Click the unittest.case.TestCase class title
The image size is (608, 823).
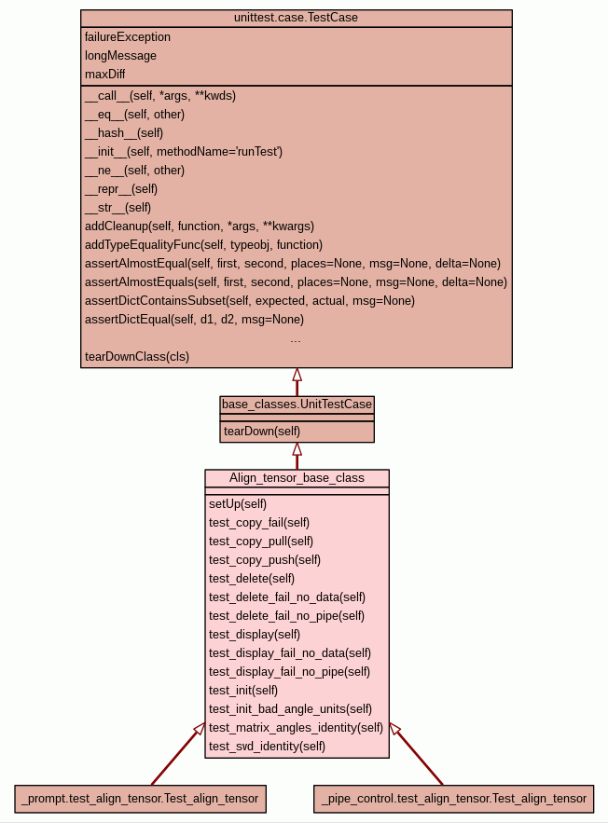coord(296,18)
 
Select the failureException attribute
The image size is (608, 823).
coord(128,37)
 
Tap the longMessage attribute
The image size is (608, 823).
coord(120,56)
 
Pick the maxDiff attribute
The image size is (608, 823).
coord(104,75)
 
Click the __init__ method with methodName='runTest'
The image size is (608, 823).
coord(183,152)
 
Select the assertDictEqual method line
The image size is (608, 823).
coord(194,320)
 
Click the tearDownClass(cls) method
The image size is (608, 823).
coord(136,357)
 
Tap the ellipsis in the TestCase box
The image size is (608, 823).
coord(296,339)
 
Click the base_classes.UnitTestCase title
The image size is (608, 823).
coord(297,405)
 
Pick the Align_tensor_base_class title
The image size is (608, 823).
coord(297,478)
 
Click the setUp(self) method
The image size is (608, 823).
coord(238,504)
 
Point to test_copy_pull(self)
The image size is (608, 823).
coord(261,542)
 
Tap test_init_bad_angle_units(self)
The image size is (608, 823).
coord(290,709)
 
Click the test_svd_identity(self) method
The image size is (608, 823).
coord(267,747)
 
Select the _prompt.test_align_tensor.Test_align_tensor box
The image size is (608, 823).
coord(141,799)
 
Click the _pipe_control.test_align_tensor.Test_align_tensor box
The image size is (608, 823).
coord(453,799)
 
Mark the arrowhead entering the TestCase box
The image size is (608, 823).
coord(297,375)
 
